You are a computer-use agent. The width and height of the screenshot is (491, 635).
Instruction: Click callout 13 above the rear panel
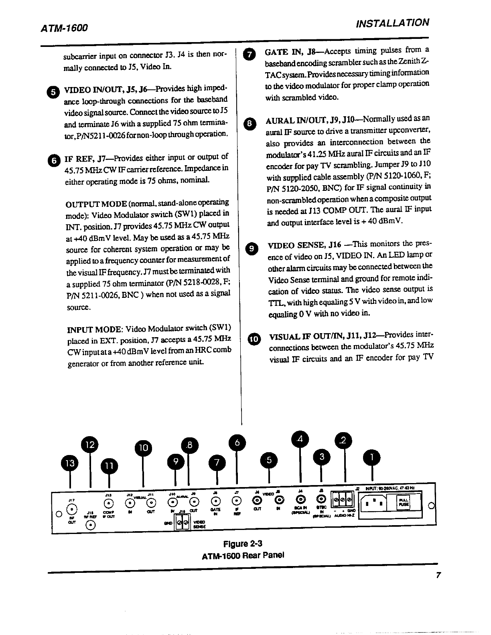click(70, 463)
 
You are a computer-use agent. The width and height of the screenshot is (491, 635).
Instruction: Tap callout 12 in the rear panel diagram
click(90, 445)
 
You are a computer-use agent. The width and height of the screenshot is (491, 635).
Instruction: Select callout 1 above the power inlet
click(372, 457)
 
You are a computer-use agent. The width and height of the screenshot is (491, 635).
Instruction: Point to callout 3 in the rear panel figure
click(321, 456)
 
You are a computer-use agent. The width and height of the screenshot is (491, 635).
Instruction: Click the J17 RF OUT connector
click(72, 509)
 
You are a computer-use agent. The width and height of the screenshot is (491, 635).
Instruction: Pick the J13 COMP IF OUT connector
click(108, 503)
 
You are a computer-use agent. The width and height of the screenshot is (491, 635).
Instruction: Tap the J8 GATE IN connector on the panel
click(216, 501)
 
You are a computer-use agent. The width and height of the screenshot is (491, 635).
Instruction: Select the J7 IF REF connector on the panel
click(237, 500)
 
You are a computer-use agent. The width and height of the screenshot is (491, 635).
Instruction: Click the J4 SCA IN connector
click(300, 499)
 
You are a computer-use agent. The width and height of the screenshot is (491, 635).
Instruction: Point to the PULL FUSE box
click(402, 502)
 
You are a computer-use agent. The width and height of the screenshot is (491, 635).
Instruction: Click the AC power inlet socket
click(375, 503)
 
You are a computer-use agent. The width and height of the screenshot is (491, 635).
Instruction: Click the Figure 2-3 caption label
click(243, 544)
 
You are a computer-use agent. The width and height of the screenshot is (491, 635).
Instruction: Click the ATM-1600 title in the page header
click(64, 28)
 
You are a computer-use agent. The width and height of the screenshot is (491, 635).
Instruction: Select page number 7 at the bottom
click(438, 575)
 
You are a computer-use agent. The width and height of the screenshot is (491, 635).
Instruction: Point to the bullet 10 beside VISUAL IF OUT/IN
click(254, 339)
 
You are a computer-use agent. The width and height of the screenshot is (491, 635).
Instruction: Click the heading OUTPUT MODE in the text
click(96, 203)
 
